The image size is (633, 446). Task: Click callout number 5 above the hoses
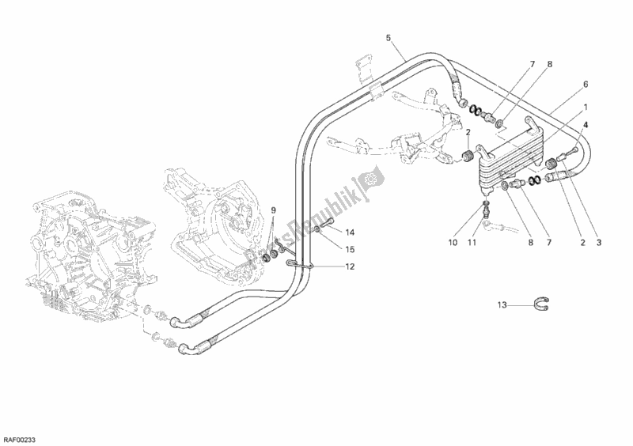tap(389, 37)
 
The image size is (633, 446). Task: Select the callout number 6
tap(586, 84)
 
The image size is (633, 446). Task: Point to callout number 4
tap(586, 125)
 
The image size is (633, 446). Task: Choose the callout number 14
tap(351, 232)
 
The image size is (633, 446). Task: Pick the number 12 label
tap(350, 266)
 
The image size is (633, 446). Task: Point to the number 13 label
tap(502, 304)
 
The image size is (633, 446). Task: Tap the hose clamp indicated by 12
tap(304, 265)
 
